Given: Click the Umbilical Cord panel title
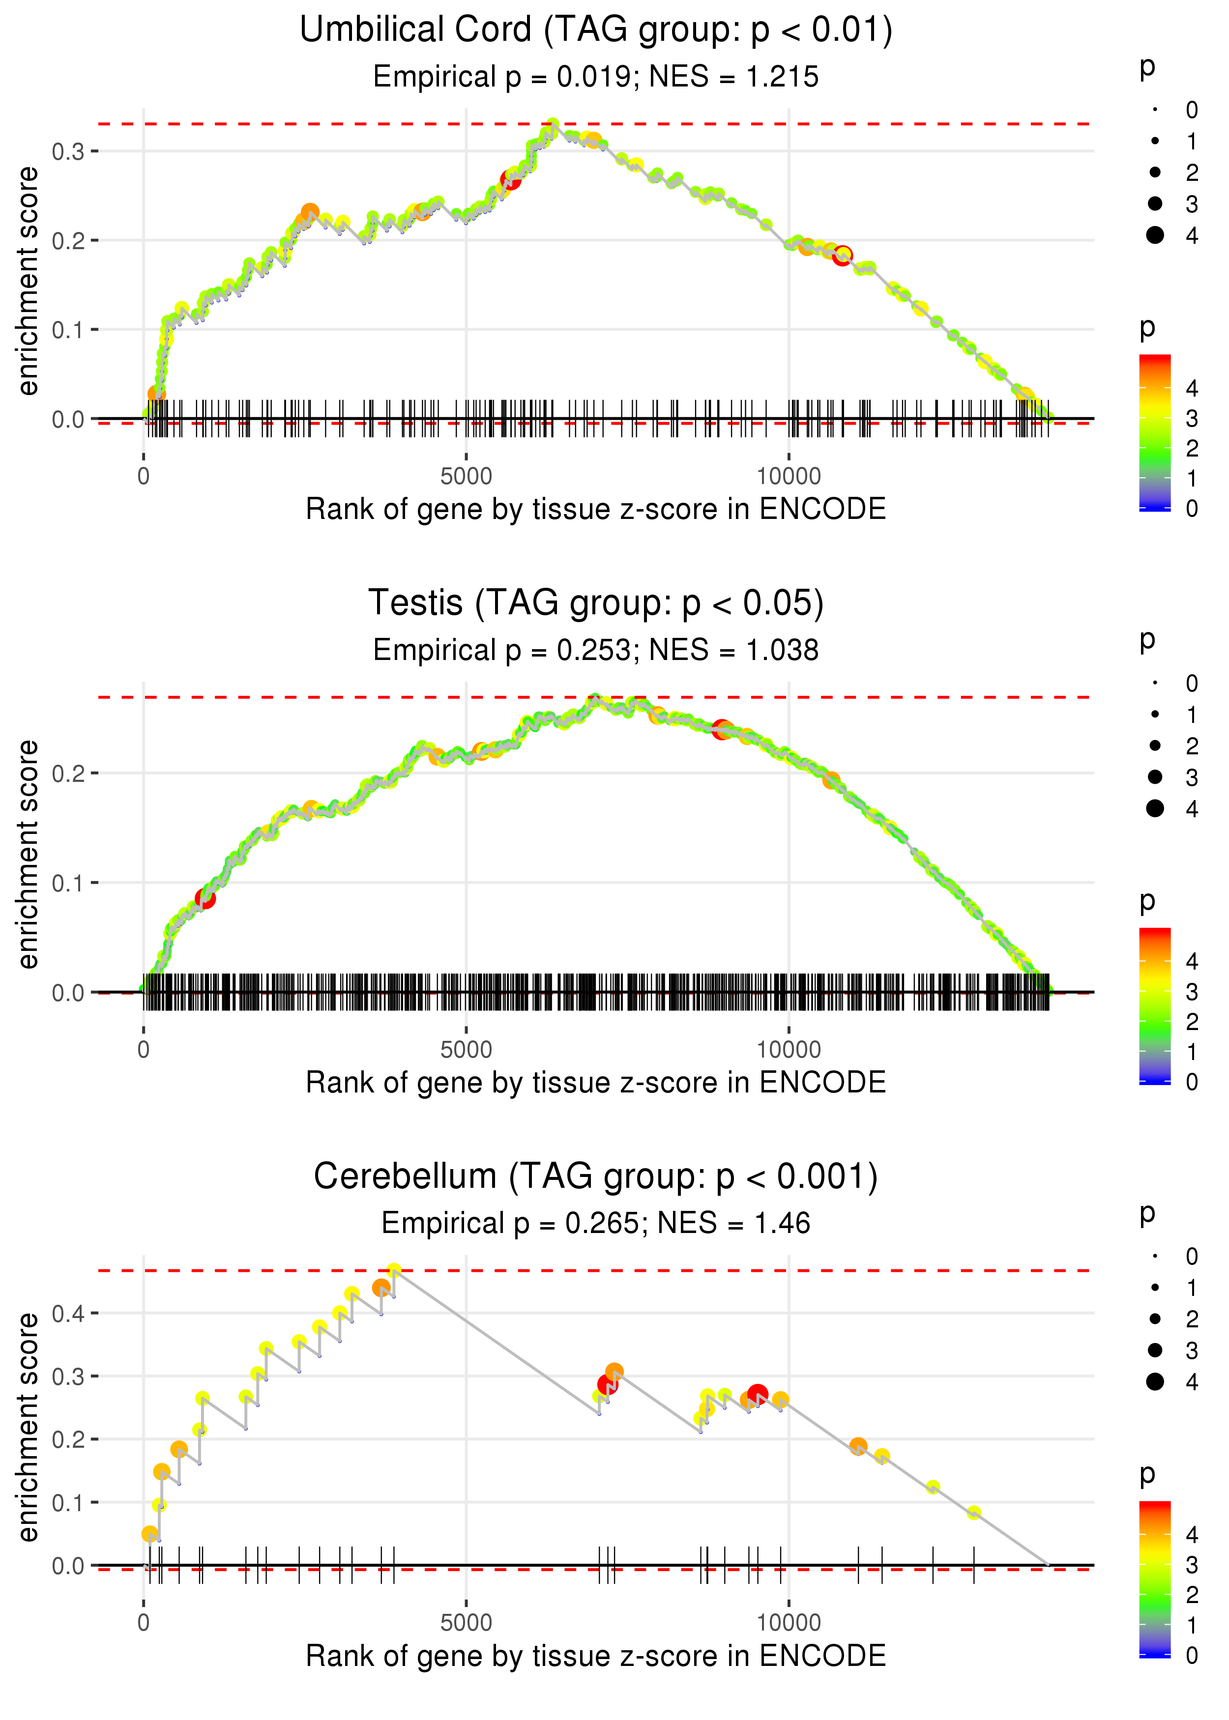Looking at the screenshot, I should click(x=596, y=30).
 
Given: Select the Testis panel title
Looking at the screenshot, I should click(x=596, y=603).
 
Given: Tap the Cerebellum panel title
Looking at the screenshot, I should click(x=596, y=1177).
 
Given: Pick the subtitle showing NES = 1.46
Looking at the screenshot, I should click(x=733, y=1224).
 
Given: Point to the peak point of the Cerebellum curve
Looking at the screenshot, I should click(x=393, y=1271).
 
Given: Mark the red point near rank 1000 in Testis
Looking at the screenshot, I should click(x=205, y=898).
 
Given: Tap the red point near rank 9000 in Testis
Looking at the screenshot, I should click(x=722, y=729).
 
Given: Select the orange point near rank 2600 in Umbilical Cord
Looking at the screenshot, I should click(x=310, y=212).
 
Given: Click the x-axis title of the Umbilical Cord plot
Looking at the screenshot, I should click(x=596, y=510).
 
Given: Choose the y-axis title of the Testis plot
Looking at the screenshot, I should click(x=28, y=855).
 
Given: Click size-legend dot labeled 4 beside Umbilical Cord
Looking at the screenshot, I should click(x=1155, y=235).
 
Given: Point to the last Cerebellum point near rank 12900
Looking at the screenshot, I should click(x=974, y=1513).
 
